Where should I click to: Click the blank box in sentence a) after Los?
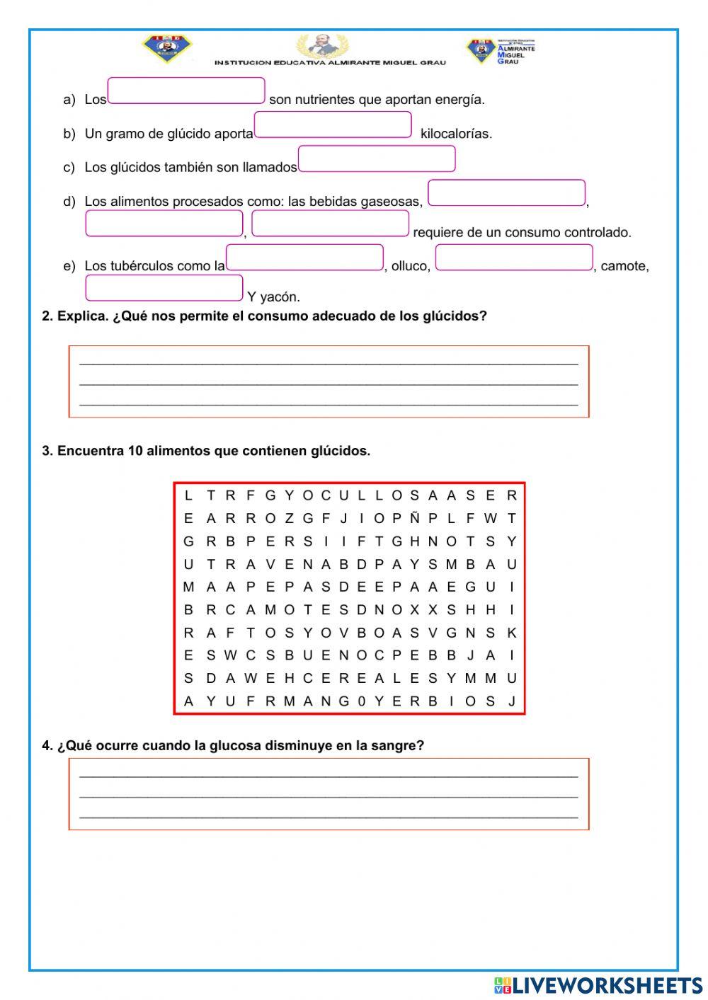(186, 91)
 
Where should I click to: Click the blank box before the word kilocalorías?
(333, 125)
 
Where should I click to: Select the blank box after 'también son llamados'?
(377, 159)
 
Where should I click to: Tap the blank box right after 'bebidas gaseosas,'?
(506, 193)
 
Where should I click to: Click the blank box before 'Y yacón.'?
(164, 288)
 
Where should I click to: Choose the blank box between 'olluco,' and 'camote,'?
(514, 258)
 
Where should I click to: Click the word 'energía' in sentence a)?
(463, 100)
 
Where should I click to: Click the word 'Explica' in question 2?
(82, 316)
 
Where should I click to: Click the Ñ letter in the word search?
(414, 518)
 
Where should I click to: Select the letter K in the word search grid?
(512, 633)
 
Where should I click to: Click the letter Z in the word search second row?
(289, 518)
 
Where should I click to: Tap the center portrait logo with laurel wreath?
(322, 46)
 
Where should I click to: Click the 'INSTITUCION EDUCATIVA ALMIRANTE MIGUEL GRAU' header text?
(330, 63)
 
